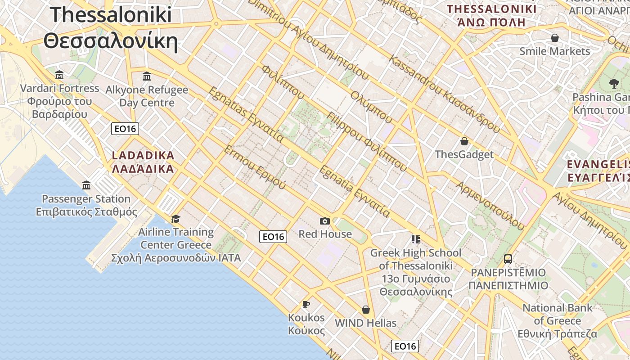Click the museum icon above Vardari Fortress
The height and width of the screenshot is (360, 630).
pos(59,75)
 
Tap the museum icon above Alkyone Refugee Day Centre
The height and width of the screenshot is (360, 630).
pos(147,76)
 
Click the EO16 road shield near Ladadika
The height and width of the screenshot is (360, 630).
pos(125,129)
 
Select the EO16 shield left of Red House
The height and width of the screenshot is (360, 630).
pos(273,237)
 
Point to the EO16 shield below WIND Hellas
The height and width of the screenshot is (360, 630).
pos(405,346)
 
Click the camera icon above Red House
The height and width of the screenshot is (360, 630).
pos(325,221)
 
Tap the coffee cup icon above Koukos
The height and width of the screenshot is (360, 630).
pos(306,305)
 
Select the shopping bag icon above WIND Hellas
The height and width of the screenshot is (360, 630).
pos(366,310)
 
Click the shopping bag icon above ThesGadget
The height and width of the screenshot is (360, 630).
pos(464,141)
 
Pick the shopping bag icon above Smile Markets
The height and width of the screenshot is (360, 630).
pos(555,38)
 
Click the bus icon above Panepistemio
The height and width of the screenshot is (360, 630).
pos(508,259)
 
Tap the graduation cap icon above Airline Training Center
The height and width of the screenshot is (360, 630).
pos(175,219)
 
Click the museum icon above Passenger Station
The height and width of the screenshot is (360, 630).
pos(86,185)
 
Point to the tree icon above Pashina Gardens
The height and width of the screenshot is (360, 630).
pos(613,84)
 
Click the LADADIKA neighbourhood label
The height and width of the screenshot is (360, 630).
pos(143,162)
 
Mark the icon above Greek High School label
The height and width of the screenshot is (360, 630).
pos(415,239)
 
